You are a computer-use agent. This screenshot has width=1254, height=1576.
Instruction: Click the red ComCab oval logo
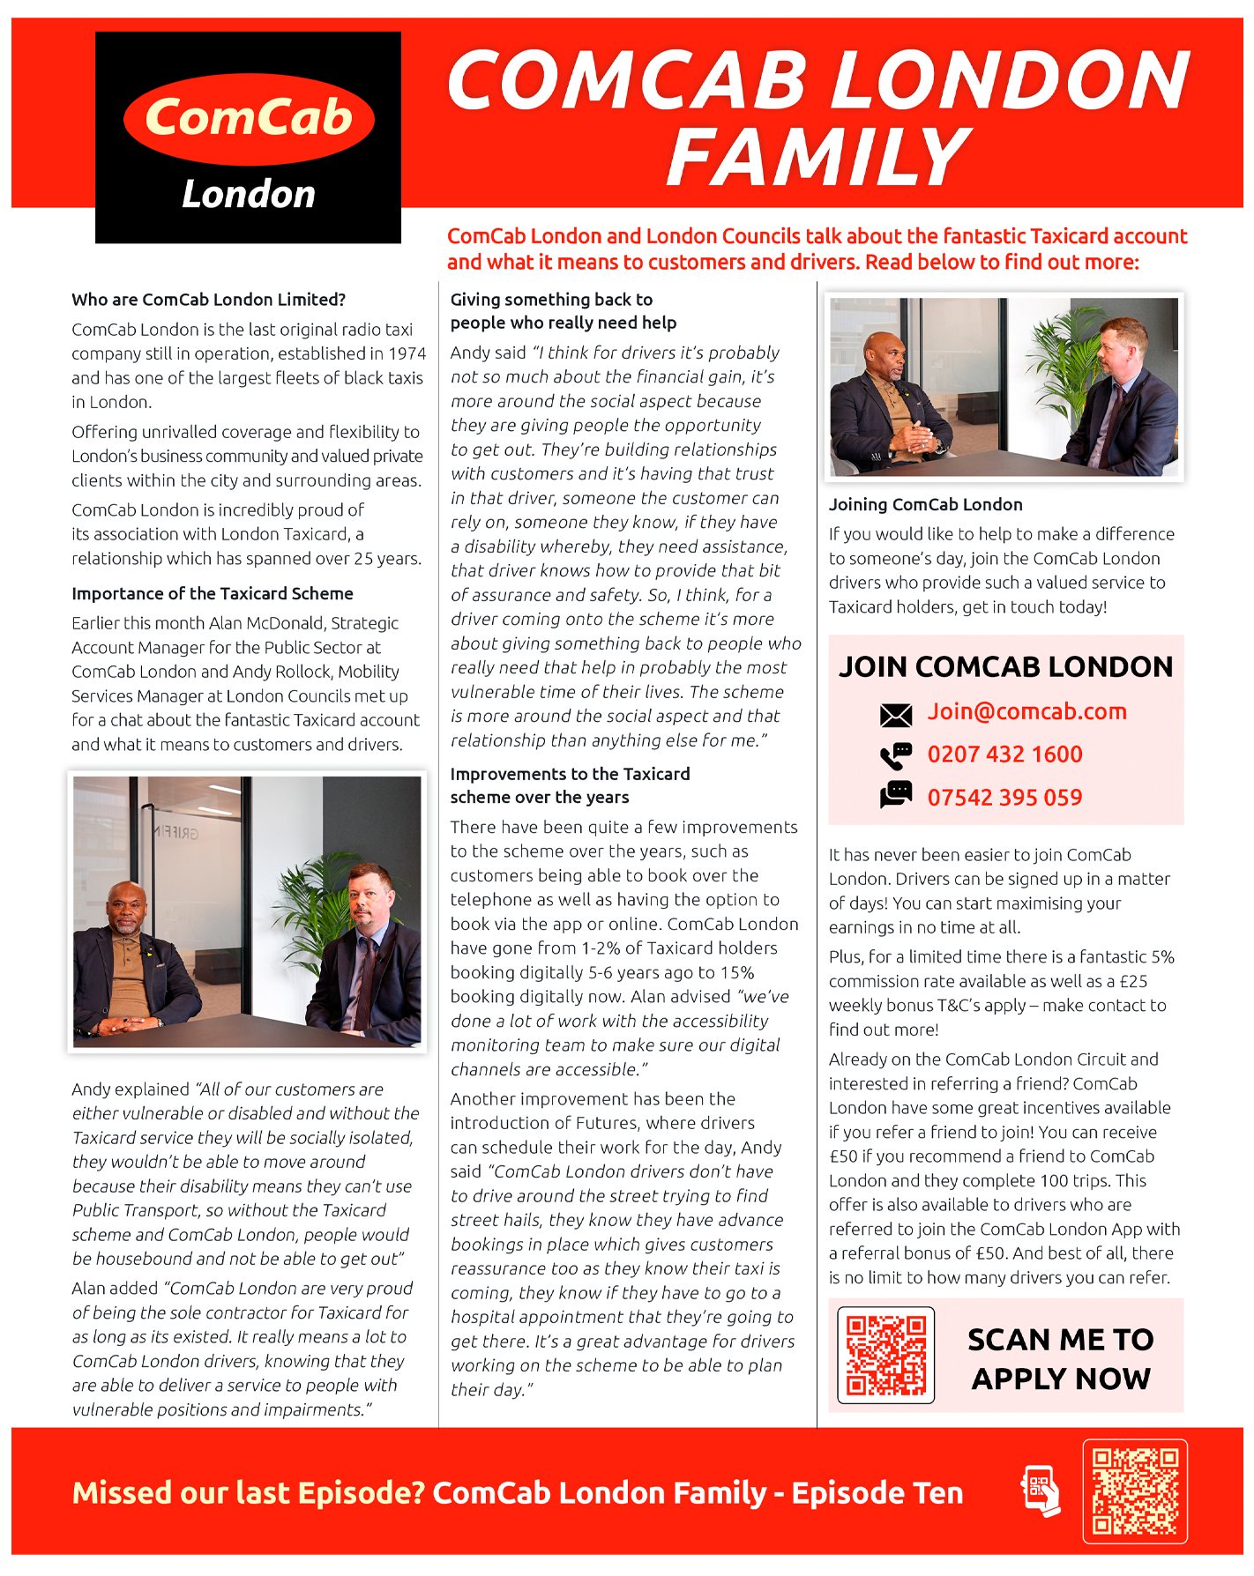[x=249, y=119]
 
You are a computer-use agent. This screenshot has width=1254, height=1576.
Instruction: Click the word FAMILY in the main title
[x=818, y=157]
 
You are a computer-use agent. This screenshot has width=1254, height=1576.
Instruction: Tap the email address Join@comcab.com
[x=1026, y=712]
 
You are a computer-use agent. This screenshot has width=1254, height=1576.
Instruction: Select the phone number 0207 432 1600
[x=1004, y=755]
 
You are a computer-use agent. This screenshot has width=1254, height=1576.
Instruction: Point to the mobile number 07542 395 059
[x=1004, y=798]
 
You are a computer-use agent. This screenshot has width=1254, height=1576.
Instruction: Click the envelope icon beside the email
[x=896, y=715]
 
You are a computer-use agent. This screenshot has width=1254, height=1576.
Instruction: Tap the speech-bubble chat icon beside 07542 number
[x=896, y=794]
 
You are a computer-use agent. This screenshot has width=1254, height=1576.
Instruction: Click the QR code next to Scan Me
[x=885, y=1355]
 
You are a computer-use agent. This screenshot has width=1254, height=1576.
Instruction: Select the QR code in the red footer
[x=1135, y=1491]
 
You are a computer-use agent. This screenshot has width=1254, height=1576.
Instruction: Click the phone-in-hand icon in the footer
[x=1041, y=1491]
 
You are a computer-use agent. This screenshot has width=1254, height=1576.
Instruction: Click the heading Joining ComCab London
[x=925, y=505]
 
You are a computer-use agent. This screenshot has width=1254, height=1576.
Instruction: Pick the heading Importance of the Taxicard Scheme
[x=213, y=594]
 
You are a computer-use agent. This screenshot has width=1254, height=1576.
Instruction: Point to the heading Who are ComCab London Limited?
[x=208, y=300]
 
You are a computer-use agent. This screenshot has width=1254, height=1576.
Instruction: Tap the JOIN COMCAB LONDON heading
[x=1005, y=667]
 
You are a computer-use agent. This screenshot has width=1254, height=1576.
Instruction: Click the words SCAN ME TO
[x=1060, y=1340]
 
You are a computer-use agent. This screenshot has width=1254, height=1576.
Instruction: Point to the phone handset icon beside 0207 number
[x=896, y=755]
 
